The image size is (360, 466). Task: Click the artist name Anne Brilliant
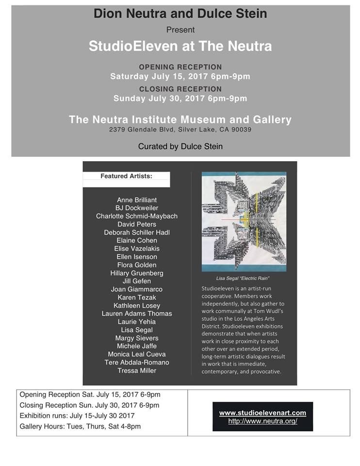coord(136,200)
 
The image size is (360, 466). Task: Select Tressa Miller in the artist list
coord(136,370)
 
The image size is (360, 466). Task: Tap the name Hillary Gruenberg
coord(136,273)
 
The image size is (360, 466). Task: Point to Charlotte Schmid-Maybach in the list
coord(136,216)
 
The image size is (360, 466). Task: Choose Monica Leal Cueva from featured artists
coord(136,354)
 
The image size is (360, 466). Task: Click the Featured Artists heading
coord(126,176)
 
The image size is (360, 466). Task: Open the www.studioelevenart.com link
coord(262,413)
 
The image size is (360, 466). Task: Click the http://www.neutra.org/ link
coord(262,421)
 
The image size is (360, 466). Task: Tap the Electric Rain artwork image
coord(244,221)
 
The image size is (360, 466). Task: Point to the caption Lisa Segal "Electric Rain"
coord(243,279)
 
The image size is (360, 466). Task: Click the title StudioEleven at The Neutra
coord(180,46)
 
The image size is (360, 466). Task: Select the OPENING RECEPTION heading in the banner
coord(180,67)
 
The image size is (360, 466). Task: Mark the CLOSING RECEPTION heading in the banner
coord(180,89)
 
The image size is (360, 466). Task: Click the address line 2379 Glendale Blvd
coord(180,130)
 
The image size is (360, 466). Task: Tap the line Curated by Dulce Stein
coord(180,146)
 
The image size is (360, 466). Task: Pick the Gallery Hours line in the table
coord(81,426)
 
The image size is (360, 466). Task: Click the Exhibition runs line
coord(77,416)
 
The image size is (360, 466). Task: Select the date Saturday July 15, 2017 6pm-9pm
coord(180,76)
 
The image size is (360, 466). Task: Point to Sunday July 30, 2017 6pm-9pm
coord(180,99)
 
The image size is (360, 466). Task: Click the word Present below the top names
coord(180,30)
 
